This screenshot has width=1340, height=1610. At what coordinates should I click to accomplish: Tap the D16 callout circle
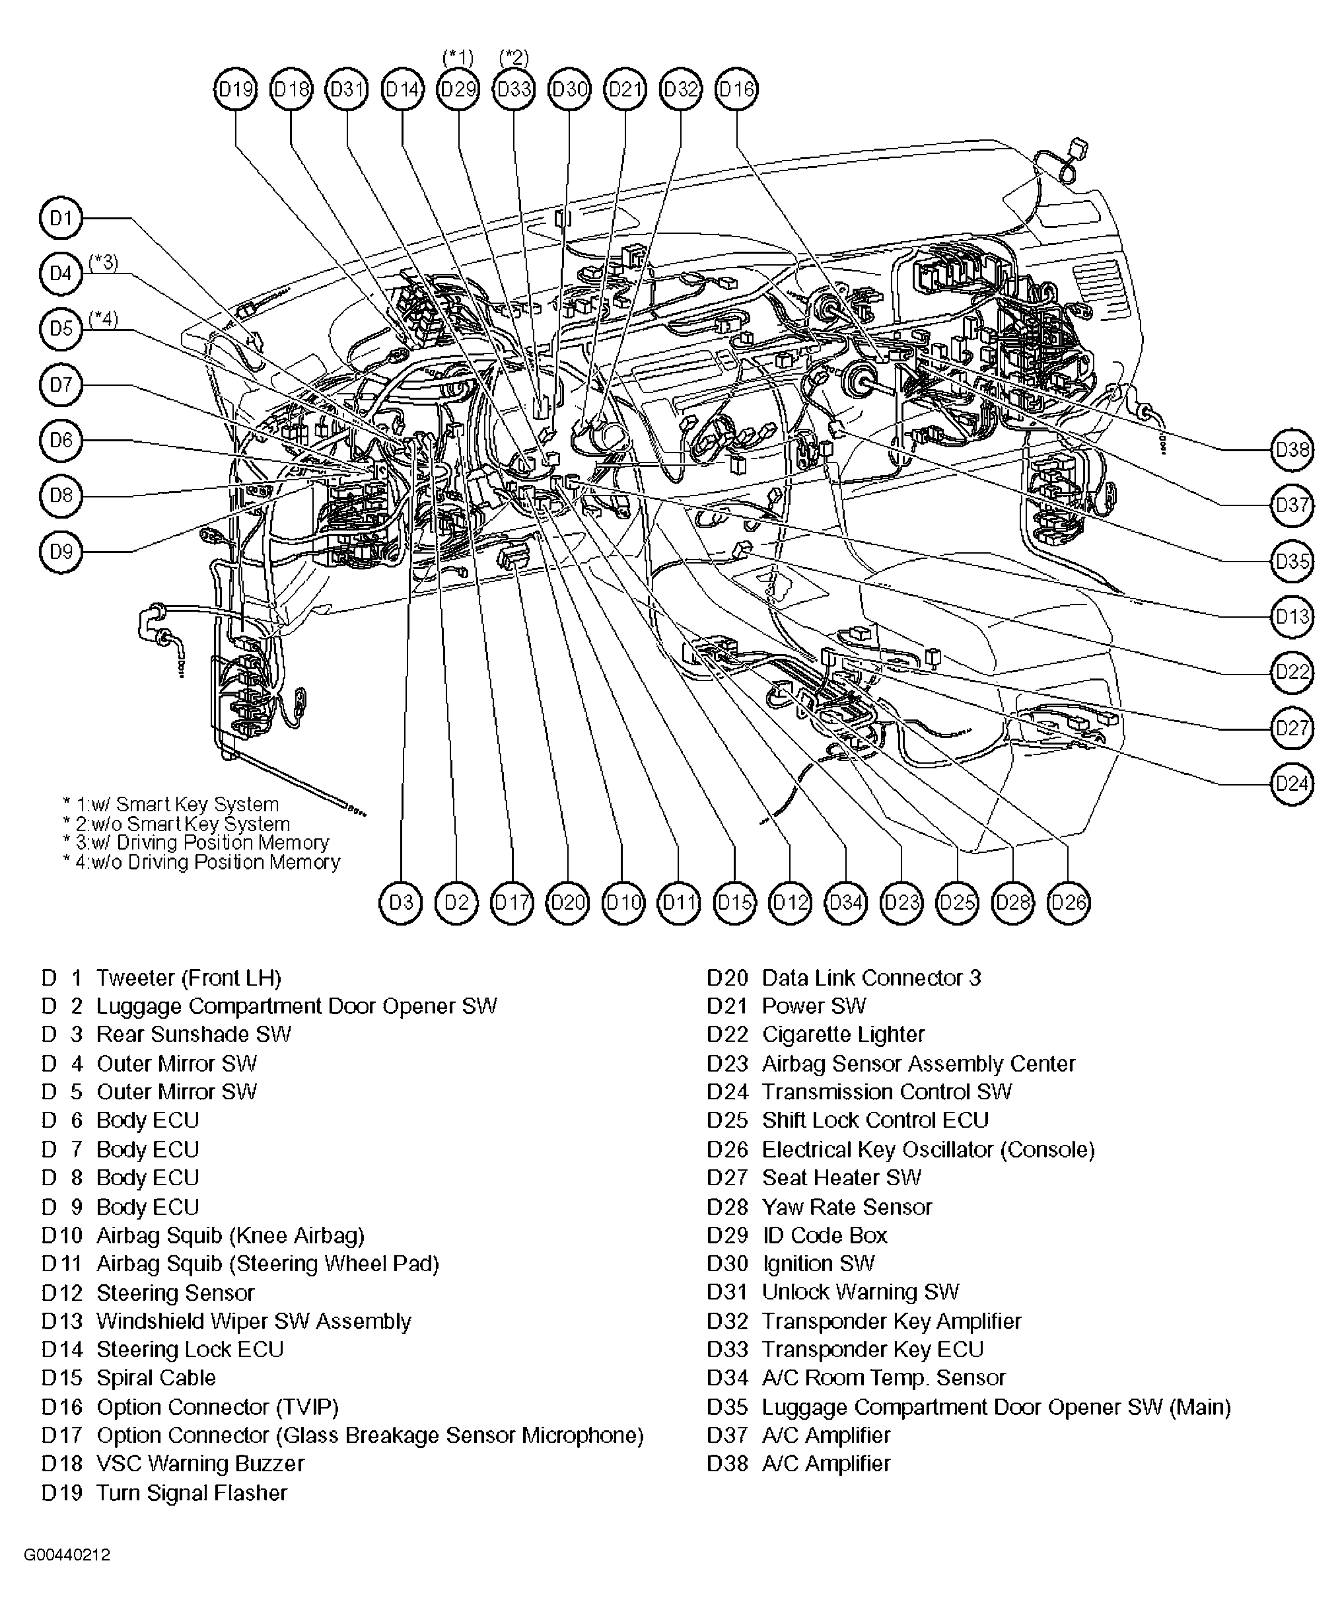736,90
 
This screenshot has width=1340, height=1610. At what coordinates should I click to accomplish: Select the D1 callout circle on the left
61,219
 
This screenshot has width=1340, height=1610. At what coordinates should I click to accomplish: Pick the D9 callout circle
61,551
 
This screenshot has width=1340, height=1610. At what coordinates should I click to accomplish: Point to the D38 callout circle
1292,449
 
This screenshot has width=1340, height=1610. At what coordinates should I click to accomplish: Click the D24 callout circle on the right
1292,784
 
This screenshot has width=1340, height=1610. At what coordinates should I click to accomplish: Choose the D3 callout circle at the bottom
401,902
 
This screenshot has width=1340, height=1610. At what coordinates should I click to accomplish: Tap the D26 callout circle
1069,902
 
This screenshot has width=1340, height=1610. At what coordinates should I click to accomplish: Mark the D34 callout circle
846,902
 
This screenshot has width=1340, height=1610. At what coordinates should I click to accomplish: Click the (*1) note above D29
458,57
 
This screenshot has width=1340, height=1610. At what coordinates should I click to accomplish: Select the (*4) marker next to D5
104,318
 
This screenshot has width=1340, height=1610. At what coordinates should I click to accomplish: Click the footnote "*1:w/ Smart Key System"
171,804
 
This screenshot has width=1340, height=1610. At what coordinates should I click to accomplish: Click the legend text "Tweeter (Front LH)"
189,978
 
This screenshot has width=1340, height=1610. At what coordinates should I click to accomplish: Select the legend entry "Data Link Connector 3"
871,978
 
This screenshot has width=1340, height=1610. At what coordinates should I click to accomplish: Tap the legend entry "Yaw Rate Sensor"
846,1207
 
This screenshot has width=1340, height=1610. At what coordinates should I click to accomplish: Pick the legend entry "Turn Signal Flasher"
192,1492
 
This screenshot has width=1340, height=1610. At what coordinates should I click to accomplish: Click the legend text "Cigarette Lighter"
843,1035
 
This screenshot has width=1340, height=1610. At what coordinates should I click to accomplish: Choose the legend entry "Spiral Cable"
156,1377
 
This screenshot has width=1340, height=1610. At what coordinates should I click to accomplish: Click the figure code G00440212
67,1555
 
